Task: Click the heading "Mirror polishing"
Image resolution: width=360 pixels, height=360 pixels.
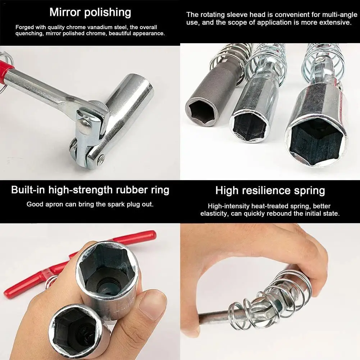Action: [90, 12]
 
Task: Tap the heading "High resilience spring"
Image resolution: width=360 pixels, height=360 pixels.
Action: [270, 190]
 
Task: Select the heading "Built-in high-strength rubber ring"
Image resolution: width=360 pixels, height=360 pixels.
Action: [90, 190]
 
